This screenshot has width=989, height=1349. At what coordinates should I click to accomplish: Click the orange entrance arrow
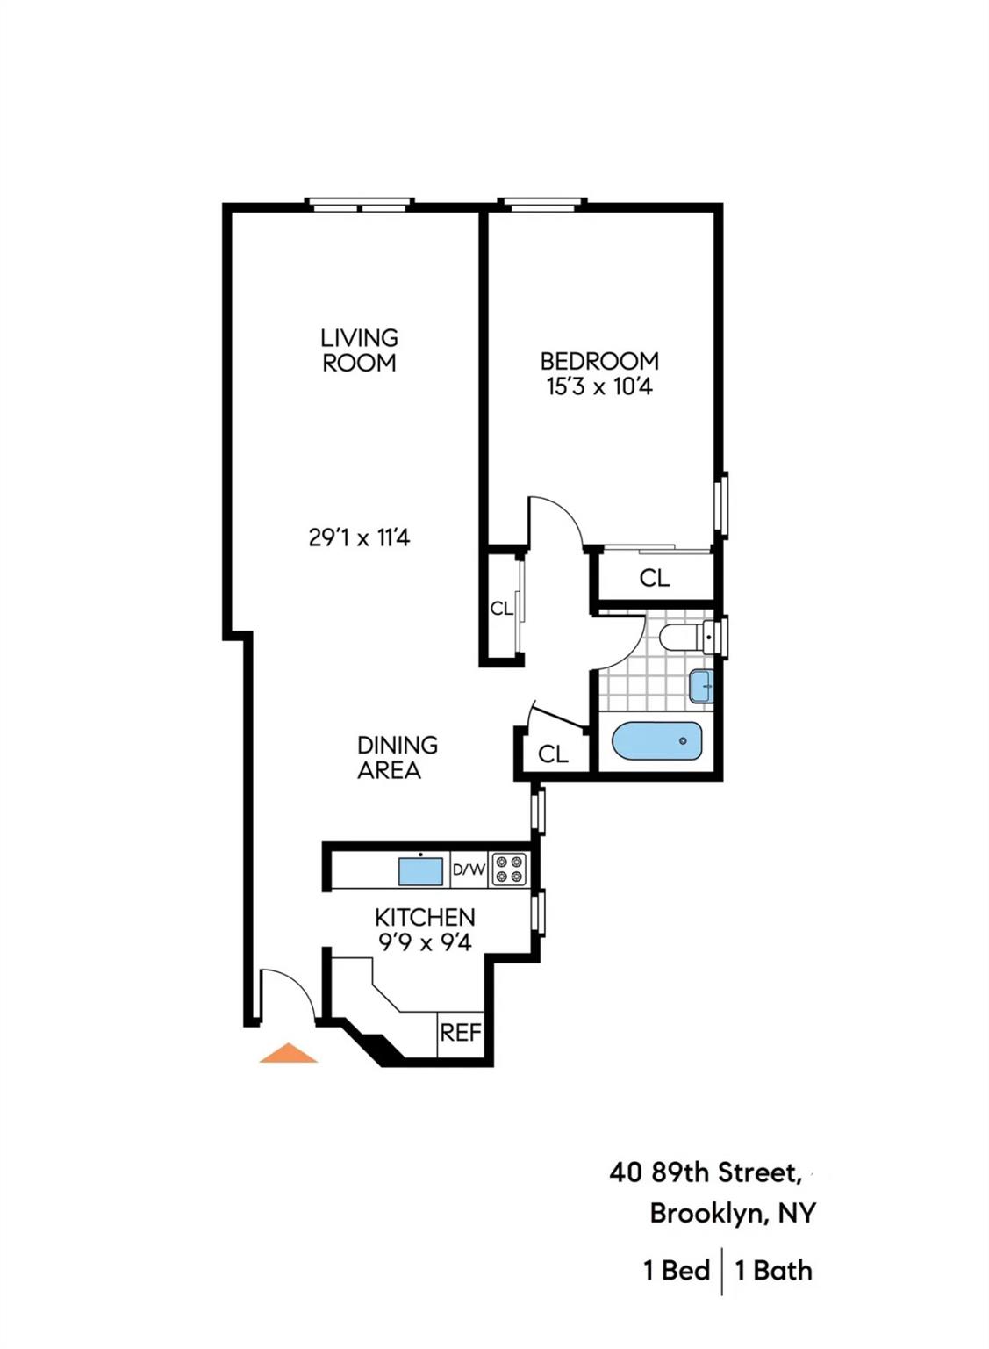(x=288, y=1053)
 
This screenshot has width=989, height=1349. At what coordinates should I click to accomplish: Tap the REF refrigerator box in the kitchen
(x=461, y=1032)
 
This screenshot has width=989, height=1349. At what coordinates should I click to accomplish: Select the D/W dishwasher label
(x=469, y=870)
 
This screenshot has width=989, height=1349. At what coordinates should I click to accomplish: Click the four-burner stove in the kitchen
(x=509, y=869)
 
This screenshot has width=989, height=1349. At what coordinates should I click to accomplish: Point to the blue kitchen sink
(x=421, y=871)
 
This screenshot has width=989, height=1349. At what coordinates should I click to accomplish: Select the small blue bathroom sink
(x=701, y=686)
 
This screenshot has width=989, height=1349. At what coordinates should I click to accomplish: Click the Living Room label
(x=359, y=350)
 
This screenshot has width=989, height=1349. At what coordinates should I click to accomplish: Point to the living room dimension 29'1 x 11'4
(x=359, y=537)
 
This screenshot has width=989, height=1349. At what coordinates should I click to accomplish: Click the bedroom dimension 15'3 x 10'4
(x=599, y=386)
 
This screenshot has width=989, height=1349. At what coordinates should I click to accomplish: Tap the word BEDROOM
(x=599, y=361)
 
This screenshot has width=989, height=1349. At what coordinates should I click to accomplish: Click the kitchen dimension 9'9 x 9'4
(x=425, y=942)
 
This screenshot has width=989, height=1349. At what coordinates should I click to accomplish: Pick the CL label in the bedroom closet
(x=655, y=578)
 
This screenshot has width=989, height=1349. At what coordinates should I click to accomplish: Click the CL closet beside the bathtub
(x=553, y=754)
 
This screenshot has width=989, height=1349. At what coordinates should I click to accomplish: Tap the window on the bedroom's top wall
(x=541, y=205)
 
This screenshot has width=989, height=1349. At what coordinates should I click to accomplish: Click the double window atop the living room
(x=359, y=205)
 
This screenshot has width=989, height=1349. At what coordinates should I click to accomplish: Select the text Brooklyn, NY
(x=732, y=1213)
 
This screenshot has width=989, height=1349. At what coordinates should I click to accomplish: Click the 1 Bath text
(x=773, y=1270)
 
